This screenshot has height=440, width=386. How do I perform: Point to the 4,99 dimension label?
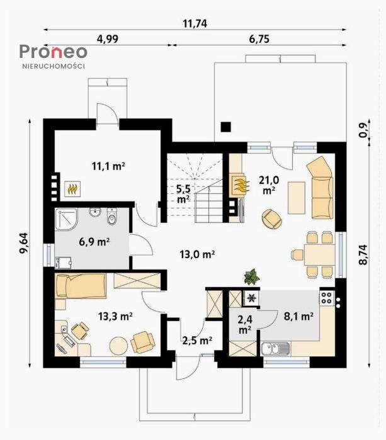tap(108, 39)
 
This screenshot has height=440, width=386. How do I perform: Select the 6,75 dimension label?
tap(259, 39)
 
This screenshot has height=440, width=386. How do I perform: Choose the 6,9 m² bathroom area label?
tap(94, 240)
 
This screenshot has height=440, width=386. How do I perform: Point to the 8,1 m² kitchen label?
tap(298, 317)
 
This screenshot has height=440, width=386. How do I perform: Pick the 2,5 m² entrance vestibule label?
tap(196, 341)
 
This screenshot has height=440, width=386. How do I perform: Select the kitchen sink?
tap(275, 348)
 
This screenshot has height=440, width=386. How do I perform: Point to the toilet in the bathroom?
tap(113, 217)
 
